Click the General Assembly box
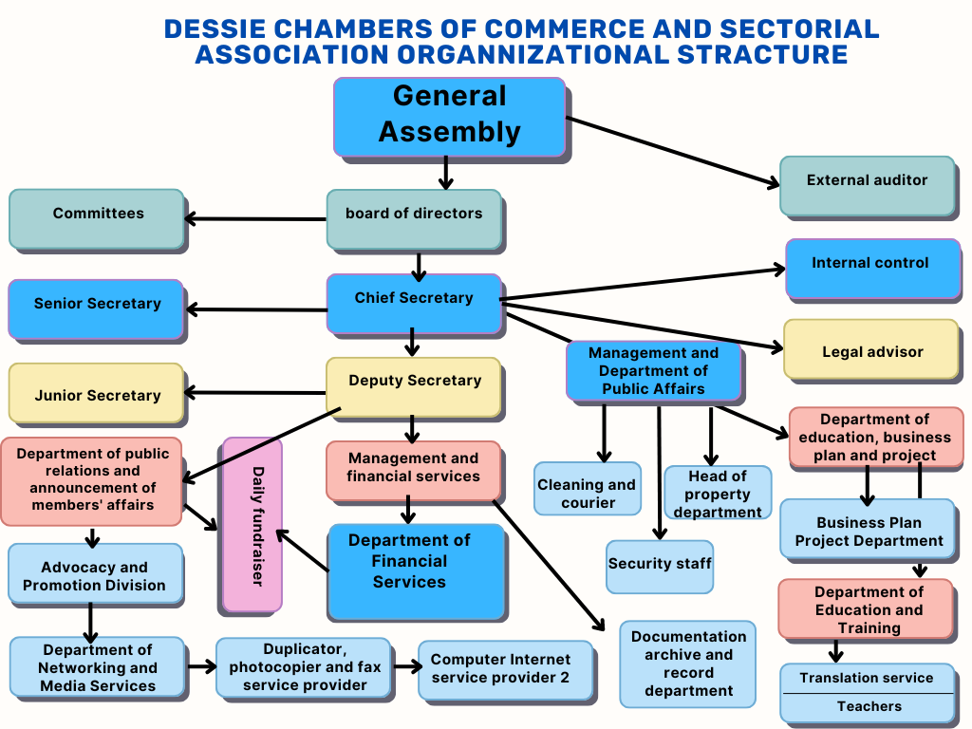[449, 116]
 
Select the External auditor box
[867, 184]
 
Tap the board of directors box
[414, 218]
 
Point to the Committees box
[97, 218]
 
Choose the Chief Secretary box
[414, 303]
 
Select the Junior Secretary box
[96, 393]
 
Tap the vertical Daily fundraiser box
[252, 524]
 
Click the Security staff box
[660, 565]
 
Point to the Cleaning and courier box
[588, 492]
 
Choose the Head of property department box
[717, 493]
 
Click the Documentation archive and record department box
[688, 664]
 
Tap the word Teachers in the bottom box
[869, 706]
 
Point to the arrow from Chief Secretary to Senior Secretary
[256, 308]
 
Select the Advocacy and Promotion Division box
[95, 575]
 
